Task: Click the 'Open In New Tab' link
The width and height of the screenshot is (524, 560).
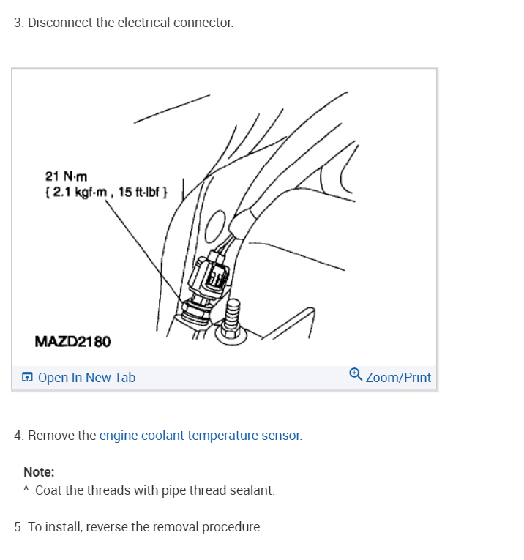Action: click(86, 378)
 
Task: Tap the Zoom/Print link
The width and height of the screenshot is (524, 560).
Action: click(397, 378)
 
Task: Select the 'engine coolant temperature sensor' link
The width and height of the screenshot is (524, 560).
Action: click(200, 436)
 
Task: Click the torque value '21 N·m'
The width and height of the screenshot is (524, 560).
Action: click(66, 176)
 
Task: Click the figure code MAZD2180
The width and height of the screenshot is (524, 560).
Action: click(72, 341)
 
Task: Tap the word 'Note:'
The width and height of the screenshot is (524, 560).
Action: click(39, 472)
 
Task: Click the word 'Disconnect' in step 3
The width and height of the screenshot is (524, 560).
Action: click(61, 23)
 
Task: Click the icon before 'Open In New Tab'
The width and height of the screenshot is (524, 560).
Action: click(27, 378)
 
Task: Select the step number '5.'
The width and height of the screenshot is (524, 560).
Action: click(19, 527)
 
